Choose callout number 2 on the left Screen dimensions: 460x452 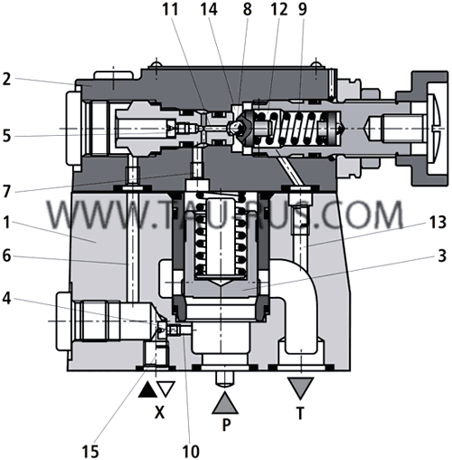click(x=9, y=79)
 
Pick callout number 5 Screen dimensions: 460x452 click(x=9, y=136)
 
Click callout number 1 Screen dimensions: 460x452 click(x=9, y=220)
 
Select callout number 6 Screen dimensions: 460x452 click(x=9, y=256)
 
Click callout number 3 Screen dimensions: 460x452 click(x=438, y=257)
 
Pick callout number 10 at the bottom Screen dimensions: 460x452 click(x=192, y=448)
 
